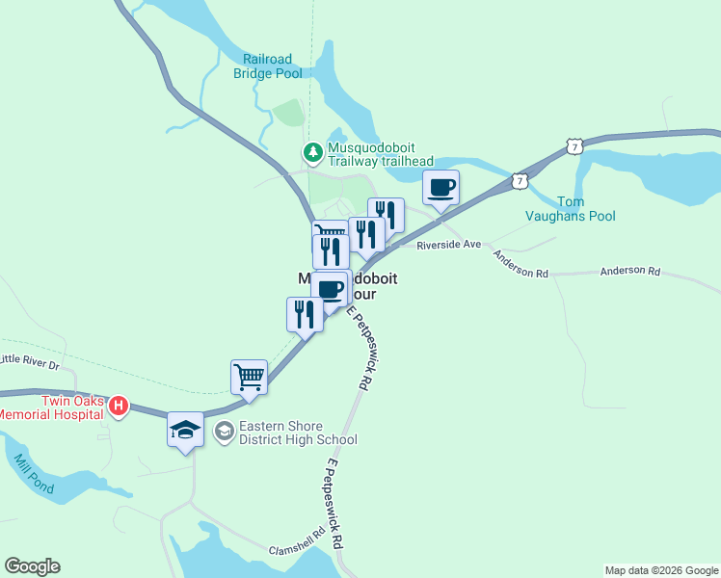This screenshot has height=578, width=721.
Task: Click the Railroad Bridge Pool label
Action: click(267, 66)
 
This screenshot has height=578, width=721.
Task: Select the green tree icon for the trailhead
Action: click(312, 152)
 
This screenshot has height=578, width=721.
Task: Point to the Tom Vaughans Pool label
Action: click(586, 209)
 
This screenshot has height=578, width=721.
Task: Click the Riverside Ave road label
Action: click(448, 246)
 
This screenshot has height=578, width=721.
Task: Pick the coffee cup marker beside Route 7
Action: click(441, 187)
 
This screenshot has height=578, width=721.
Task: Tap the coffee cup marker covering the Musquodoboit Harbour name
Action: click(330, 289)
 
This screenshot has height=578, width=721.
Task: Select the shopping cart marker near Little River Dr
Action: click(249, 376)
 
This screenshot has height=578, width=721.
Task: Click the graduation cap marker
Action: click(185, 430)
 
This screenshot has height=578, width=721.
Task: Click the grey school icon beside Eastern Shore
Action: click(224, 432)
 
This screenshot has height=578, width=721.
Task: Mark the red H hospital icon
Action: click(118, 406)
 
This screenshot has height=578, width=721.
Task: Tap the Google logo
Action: click(32, 566)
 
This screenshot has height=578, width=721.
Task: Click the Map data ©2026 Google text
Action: click(661, 570)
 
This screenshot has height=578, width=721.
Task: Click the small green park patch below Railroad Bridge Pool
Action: click(288, 113)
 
